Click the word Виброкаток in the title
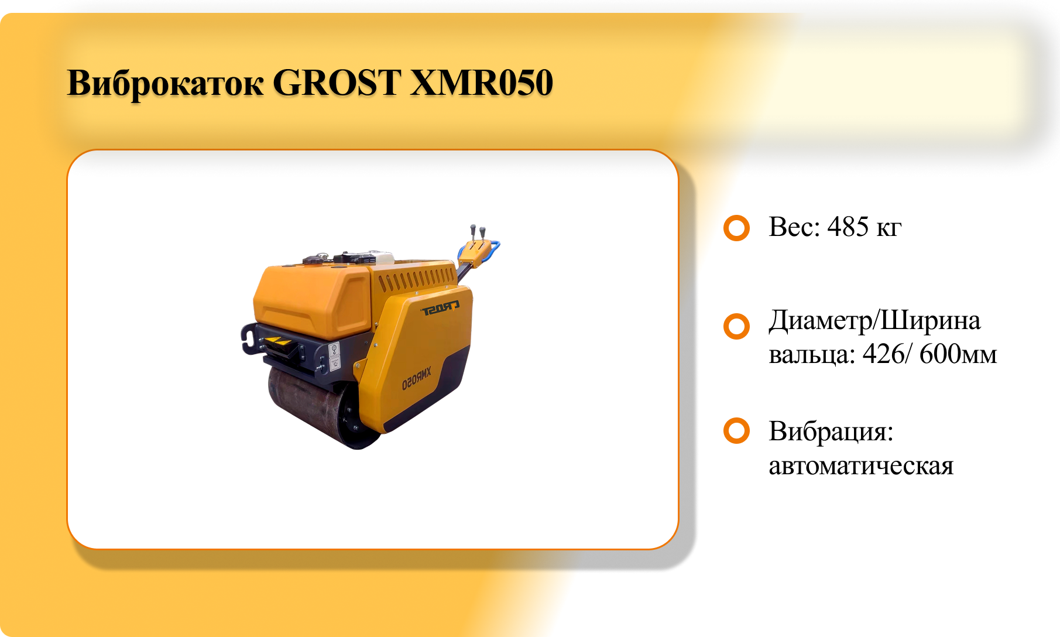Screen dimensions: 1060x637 [166, 83]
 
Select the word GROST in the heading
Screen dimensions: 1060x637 [337, 83]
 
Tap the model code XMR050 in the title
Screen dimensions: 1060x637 [481, 83]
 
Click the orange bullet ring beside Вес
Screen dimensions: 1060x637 [736, 228]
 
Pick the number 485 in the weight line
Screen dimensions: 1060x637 [848, 227]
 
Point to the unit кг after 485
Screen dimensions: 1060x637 [889, 230]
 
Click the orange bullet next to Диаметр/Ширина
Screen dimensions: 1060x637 [736, 327]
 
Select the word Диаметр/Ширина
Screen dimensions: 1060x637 [874, 321]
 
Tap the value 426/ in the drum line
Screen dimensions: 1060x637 [887, 354]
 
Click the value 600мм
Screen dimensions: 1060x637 [958, 354]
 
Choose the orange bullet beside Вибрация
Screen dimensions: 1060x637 [736, 431]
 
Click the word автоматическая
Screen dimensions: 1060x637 [861, 467]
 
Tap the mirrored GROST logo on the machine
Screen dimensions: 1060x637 [440, 308]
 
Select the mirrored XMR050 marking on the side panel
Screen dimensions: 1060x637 [416, 379]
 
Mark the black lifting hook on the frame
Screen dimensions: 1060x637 [249, 340]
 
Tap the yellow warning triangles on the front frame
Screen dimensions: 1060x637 [277, 341]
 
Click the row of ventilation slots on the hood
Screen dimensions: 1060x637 [416, 279]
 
